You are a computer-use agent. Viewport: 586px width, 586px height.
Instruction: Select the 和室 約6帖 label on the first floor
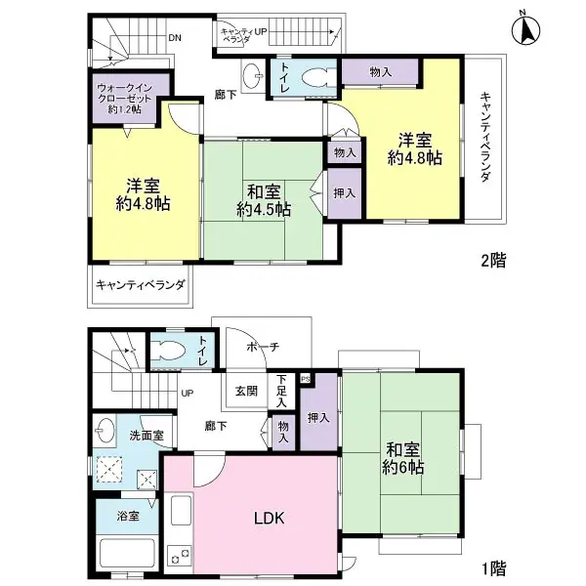[403, 459]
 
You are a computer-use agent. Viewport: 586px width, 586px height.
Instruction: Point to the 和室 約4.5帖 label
[263, 200]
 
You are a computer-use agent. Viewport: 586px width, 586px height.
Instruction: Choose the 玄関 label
[245, 391]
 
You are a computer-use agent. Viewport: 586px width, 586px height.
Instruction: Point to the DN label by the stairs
[174, 39]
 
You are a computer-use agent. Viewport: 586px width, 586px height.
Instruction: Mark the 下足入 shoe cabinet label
[281, 390]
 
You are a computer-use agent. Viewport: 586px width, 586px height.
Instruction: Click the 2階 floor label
[493, 262]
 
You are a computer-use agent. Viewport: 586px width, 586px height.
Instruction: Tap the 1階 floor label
[493, 566]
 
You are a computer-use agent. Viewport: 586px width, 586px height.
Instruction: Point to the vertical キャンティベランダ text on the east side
[484, 137]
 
